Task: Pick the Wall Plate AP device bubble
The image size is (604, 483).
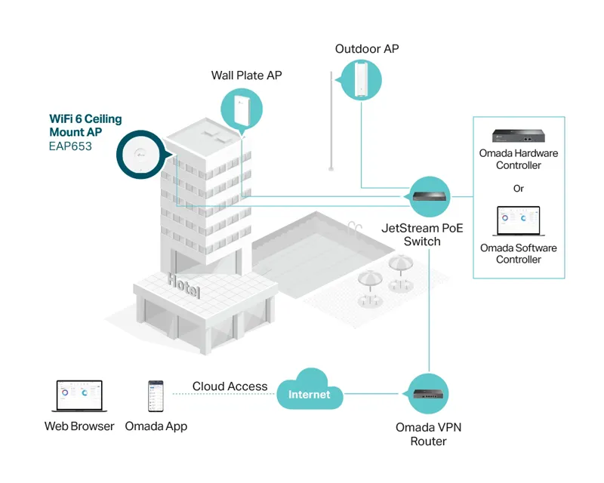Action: pos(241,109)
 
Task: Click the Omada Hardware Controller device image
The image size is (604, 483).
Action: pos(518,136)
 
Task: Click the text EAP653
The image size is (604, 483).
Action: pos(70,146)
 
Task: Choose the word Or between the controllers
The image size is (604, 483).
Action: pos(519,188)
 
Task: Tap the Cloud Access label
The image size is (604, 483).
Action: pos(230,386)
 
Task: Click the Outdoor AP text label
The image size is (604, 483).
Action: pos(367,49)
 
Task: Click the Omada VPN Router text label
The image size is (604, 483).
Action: pos(429,434)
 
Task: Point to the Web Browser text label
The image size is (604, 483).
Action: pos(79,426)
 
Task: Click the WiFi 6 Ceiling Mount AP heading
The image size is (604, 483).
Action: pos(85,125)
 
